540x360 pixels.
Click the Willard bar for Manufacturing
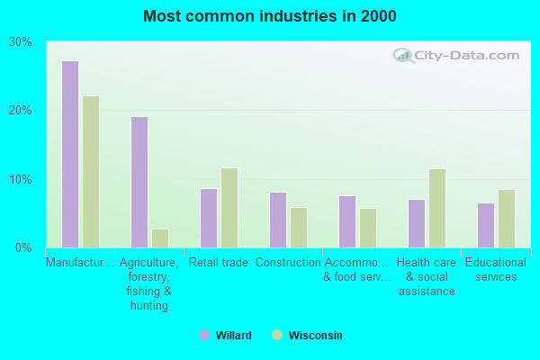coord(70,154)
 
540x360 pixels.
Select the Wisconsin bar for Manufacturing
coord(91,172)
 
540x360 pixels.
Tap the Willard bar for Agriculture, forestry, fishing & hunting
coord(139,182)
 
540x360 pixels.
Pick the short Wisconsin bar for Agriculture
coord(160,238)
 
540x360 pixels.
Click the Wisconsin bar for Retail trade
coord(229,208)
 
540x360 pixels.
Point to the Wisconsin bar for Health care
coord(437,208)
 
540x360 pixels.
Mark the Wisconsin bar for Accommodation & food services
coord(368,228)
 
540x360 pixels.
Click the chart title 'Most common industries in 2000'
coord(269,16)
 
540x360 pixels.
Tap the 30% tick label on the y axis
coord(21,41)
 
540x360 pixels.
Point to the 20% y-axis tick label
coord(21,110)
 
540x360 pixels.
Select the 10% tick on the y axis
coord(21,179)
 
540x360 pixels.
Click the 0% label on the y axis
coord(24,247)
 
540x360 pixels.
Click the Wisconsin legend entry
coord(307,335)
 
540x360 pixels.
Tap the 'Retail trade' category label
coord(219,263)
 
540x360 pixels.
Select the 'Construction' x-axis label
coord(288,263)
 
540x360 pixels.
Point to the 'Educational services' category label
coord(496,269)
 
